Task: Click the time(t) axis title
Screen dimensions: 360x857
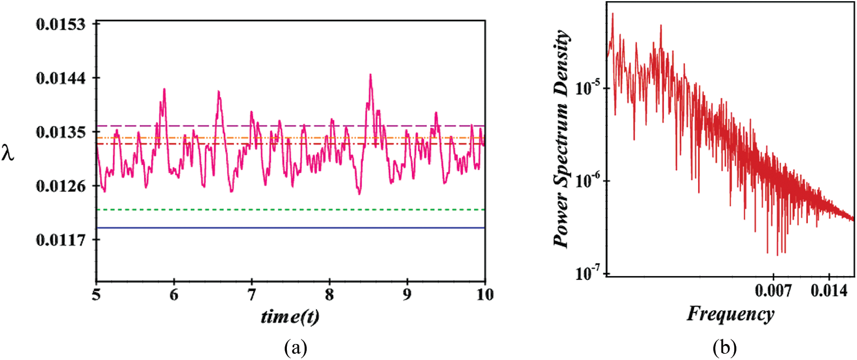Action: (291, 316)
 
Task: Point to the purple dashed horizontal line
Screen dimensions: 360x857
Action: (286, 125)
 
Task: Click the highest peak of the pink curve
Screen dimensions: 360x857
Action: (370, 75)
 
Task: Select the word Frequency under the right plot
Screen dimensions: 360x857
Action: (730, 314)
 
